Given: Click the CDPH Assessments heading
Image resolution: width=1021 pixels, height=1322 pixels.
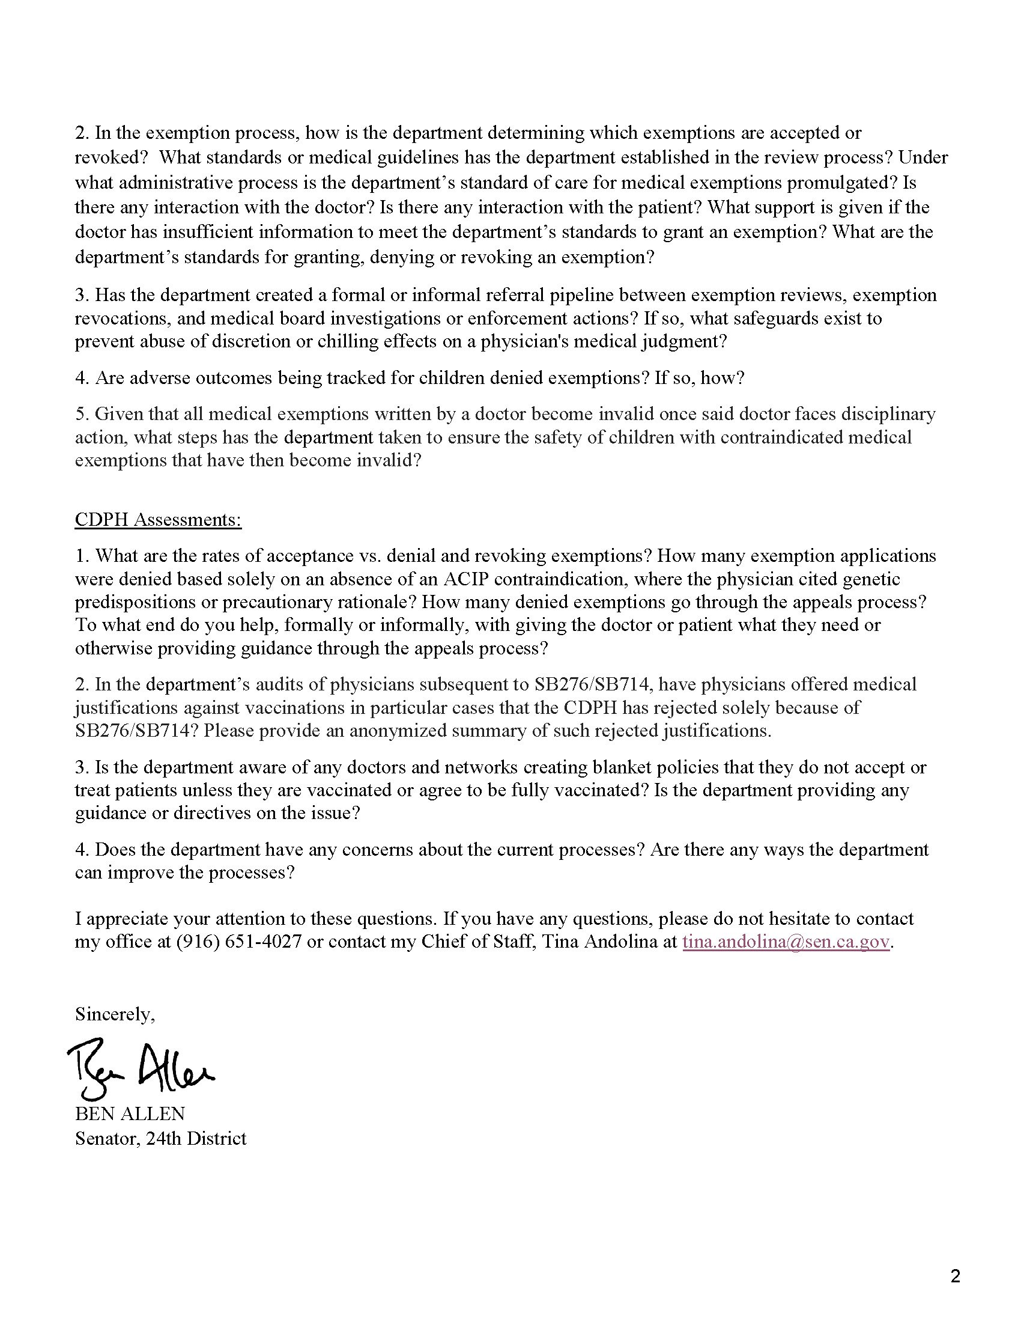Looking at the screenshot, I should [158, 520].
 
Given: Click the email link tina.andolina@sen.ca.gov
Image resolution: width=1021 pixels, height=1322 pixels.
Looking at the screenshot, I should [786, 942].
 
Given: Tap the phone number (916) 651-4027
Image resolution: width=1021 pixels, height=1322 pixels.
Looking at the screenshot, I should [239, 942].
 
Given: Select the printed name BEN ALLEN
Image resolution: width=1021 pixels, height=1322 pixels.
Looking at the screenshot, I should [130, 1113].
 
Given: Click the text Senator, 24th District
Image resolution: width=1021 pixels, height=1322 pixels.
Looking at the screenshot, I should [160, 1139].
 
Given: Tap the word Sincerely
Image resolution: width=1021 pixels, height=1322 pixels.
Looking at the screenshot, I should [114, 1014].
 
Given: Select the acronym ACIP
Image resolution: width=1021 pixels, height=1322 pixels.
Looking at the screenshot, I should [466, 579].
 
